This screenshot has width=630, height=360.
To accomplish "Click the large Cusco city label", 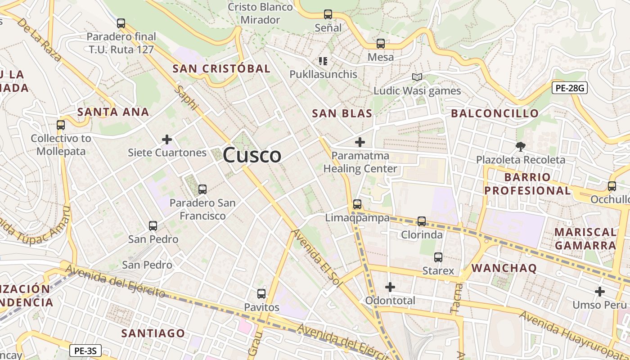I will [x=252, y=155].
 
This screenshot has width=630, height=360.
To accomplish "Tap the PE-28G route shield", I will [x=570, y=88].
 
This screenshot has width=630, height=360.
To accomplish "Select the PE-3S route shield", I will [x=85, y=350].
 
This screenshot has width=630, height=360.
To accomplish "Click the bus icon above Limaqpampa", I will [x=357, y=204].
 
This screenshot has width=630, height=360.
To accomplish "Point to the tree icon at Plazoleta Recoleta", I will [x=521, y=146].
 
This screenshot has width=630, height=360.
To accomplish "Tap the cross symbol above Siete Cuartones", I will [x=167, y=139].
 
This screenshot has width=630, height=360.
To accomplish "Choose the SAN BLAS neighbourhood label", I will [x=342, y=113].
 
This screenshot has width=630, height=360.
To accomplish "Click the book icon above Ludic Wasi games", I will [x=417, y=77].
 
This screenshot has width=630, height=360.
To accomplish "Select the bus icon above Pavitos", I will [x=261, y=294].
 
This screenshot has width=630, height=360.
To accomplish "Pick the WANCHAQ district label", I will [x=504, y=269].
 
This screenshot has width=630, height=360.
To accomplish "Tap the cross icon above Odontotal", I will [x=390, y=287].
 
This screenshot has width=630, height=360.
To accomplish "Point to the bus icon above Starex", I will [x=438, y=257].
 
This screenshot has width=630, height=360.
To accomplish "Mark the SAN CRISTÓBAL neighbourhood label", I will [x=221, y=69].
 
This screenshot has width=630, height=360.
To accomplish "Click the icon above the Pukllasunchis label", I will [x=323, y=61].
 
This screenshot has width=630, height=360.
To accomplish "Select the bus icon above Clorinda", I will [x=422, y=221].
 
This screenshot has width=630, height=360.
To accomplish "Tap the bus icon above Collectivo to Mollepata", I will [x=61, y=125].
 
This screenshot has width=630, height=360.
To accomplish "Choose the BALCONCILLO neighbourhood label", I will [x=495, y=113].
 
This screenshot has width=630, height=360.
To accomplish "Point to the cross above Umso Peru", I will [x=599, y=292].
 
